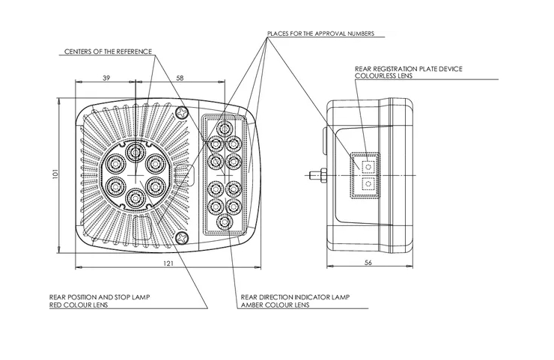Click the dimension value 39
[x=106, y=78]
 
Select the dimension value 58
[x=180, y=78]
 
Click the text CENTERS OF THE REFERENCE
[x=108, y=52]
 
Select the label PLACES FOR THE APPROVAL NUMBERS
[x=326, y=34]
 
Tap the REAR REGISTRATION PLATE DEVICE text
[x=409, y=69]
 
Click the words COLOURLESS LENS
[x=383, y=76]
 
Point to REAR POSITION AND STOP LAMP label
[x=100, y=298]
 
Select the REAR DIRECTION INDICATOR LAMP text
[x=295, y=298]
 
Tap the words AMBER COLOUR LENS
[x=275, y=305]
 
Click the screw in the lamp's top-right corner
[x=182, y=112]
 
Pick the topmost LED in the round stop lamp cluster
[x=135, y=153]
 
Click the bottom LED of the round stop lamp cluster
[x=135, y=198]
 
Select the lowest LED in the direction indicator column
[x=222, y=222]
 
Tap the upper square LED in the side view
[x=367, y=165]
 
